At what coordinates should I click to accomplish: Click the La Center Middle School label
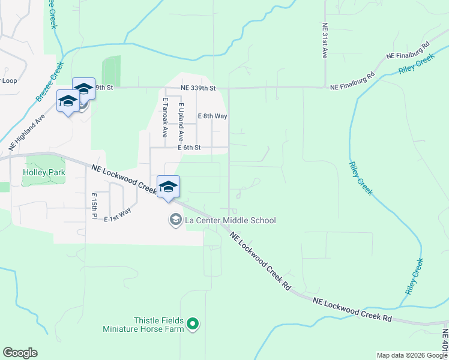(230, 220)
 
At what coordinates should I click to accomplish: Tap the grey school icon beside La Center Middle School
(175, 220)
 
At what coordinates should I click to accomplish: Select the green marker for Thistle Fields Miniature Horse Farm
(193, 325)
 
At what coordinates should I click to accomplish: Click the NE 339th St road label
(198, 88)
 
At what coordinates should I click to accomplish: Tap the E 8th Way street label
(212, 116)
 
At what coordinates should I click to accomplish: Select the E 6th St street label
(193, 148)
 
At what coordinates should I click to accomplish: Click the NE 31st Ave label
(324, 41)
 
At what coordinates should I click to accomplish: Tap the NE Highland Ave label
(27, 133)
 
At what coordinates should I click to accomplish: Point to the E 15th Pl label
(94, 205)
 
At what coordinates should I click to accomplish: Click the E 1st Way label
(117, 215)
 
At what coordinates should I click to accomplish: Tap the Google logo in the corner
(20, 353)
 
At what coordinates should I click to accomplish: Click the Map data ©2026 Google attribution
(411, 355)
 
